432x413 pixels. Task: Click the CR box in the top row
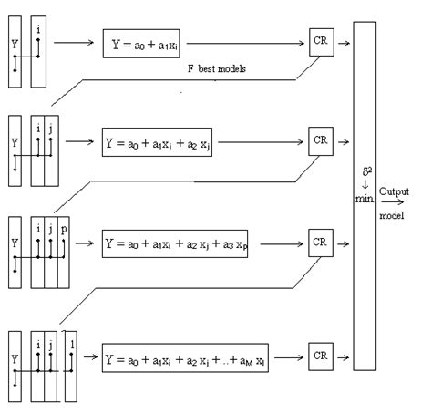[x=320, y=43]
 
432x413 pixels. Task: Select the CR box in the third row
[x=320, y=243]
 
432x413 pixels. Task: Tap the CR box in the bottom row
[x=320, y=354]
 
